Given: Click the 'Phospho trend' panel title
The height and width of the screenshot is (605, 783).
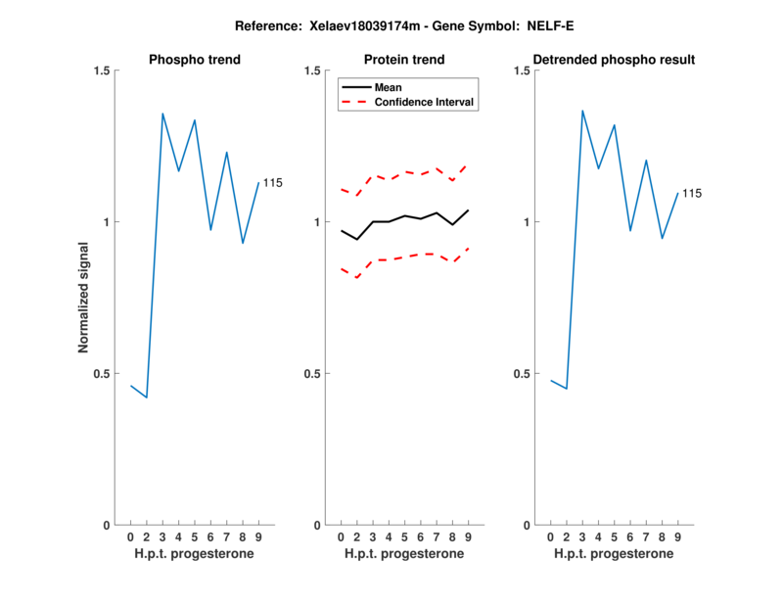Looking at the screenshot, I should pos(194,60).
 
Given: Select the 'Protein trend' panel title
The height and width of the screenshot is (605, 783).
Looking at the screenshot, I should pos(404,60).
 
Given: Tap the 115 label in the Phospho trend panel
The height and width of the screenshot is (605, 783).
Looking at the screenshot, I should pos(272,183).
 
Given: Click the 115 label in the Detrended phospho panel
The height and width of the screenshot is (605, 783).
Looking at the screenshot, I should pos(691,194).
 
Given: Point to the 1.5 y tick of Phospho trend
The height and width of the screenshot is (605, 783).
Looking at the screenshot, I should pos(102,70).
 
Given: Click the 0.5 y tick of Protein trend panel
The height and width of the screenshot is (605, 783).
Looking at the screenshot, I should pos(312,374).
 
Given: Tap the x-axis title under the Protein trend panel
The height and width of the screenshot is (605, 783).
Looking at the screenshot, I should pos(404,554).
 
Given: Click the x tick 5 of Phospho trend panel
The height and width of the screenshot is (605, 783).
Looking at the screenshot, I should pos(195,537).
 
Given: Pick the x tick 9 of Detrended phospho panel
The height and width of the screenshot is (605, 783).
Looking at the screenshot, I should pos(677,537).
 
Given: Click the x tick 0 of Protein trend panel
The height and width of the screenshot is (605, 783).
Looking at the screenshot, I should pos(341,537).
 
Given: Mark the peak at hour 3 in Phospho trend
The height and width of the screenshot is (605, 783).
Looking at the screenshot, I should pos(162,114).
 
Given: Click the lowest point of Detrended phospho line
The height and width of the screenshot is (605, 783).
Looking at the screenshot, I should pos(567,390).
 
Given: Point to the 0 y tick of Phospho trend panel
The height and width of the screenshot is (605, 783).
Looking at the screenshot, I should pos(108,526).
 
